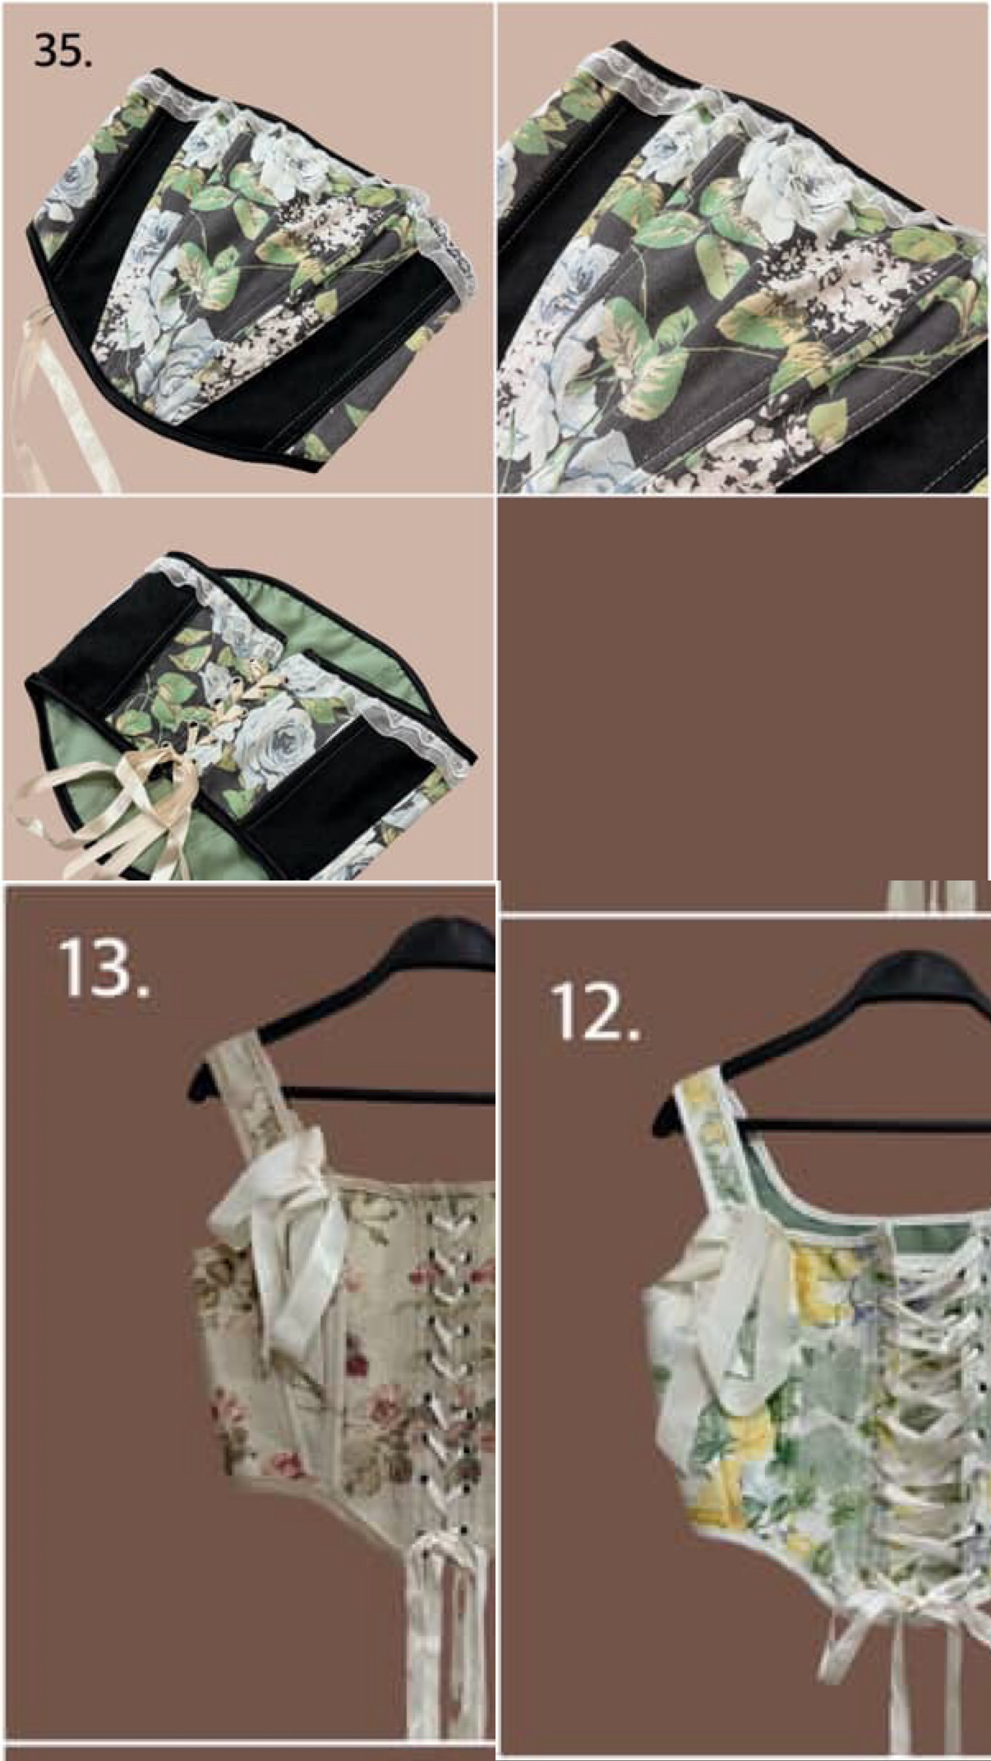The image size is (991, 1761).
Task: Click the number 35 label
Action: click(62, 51)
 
